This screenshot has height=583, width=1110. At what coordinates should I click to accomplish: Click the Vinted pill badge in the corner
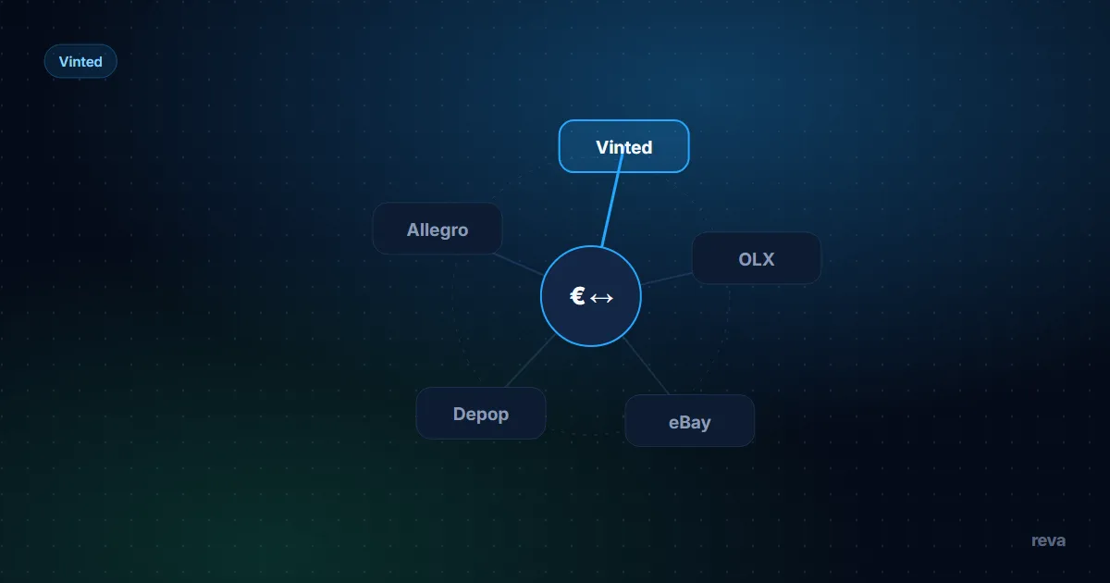(x=80, y=61)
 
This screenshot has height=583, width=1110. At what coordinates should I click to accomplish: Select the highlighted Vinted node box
(x=623, y=146)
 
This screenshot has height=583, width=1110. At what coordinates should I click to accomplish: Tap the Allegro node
(x=438, y=229)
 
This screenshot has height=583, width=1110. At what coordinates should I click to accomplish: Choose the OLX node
(x=757, y=258)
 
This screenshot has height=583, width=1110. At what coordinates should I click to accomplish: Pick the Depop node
(x=481, y=414)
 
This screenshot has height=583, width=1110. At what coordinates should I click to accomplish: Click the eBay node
(x=690, y=421)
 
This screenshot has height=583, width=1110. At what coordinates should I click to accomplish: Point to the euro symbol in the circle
(x=577, y=296)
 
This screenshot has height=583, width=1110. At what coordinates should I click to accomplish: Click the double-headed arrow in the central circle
(x=601, y=298)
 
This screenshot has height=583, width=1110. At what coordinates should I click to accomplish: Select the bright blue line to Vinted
(x=612, y=200)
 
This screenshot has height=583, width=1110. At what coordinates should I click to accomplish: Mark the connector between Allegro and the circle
(x=518, y=265)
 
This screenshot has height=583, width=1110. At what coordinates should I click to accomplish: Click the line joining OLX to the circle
(x=667, y=279)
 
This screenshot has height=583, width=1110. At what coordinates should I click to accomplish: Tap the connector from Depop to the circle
(x=530, y=360)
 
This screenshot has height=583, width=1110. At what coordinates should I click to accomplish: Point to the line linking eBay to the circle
(x=647, y=366)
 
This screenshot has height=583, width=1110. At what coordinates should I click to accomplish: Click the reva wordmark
(x=1048, y=540)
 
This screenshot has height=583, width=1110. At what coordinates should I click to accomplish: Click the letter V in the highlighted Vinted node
(x=602, y=147)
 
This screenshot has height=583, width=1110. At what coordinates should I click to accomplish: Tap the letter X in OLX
(x=768, y=259)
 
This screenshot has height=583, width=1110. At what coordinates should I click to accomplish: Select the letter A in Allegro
(x=413, y=230)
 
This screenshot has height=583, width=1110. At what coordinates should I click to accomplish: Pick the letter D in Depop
(x=460, y=414)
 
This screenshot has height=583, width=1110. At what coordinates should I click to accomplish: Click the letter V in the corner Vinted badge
(x=64, y=61)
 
